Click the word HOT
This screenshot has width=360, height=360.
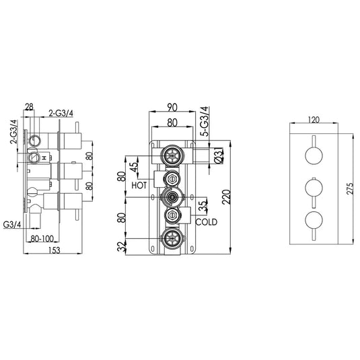tap(140, 184)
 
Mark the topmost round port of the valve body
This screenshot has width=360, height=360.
tap(173, 155)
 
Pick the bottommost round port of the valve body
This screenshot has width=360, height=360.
tap(173, 238)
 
